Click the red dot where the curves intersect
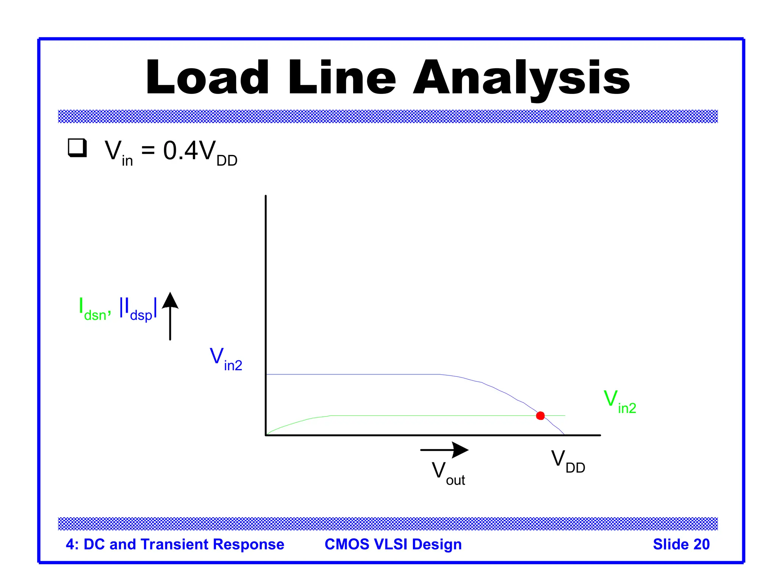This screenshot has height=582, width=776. click(x=540, y=416)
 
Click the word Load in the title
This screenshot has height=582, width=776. click(x=207, y=77)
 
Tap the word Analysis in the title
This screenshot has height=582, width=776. click(x=521, y=78)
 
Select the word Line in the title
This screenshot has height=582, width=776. click(x=342, y=77)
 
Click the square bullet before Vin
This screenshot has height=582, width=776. click(x=77, y=148)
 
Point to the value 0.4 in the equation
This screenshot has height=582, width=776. click(x=180, y=150)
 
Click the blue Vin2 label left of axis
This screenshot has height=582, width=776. click(x=226, y=359)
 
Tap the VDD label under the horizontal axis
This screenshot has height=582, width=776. click(x=568, y=461)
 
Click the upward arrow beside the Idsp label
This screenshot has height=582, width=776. click(x=170, y=316)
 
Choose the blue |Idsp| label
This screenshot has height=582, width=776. click(x=138, y=309)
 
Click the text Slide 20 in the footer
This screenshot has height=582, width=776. click(x=681, y=544)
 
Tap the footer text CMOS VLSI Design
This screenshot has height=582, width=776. click(x=393, y=544)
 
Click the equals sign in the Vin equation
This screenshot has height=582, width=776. click(x=148, y=150)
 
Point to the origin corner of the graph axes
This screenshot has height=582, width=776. click(x=266, y=435)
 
